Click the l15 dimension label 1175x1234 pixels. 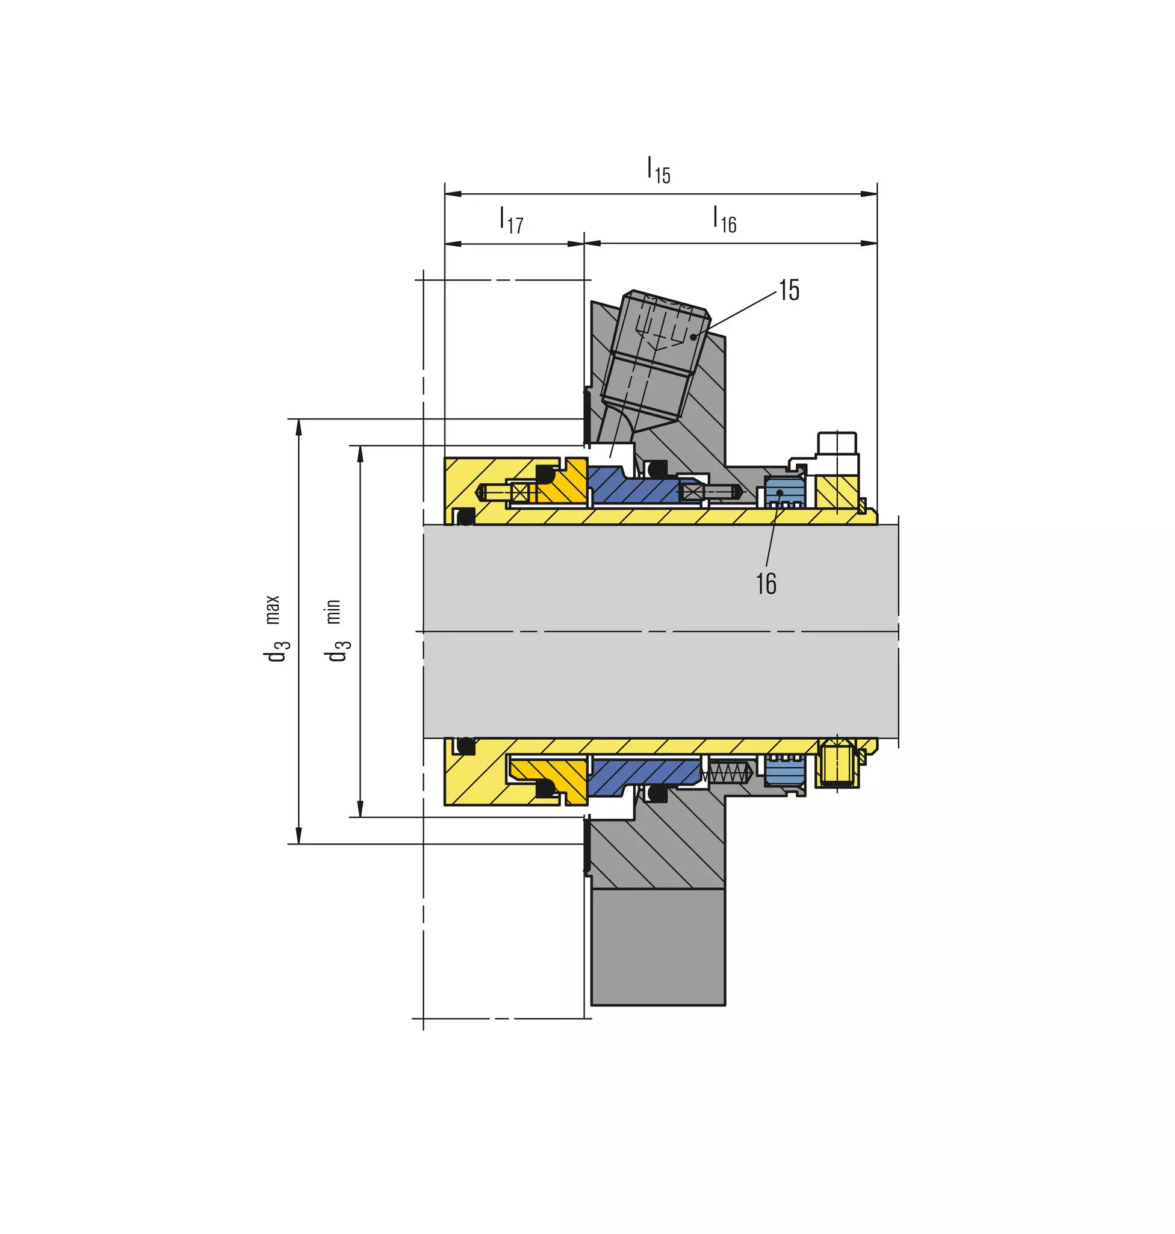click(659, 170)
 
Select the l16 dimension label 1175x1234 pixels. click(725, 219)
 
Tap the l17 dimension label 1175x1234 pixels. click(511, 220)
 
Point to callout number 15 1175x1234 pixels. click(789, 290)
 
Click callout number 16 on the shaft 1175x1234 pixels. click(766, 583)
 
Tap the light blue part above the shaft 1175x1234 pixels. click(784, 492)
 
